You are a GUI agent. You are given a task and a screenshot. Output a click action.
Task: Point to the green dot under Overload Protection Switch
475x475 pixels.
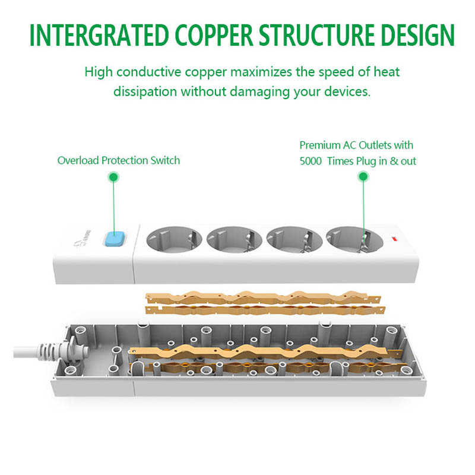[x=112, y=176]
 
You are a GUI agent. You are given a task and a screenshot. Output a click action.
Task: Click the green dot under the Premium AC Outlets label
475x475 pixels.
[x=363, y=176]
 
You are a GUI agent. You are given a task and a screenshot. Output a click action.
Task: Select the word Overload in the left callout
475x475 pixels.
[x=78, y=160]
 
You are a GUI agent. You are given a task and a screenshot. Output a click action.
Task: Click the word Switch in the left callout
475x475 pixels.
[x=165, y=160]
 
